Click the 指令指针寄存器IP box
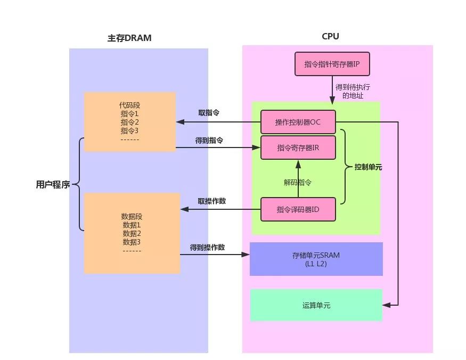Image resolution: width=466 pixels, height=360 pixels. (x=332, y=64)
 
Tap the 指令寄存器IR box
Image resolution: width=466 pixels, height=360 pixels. (x=298, y=148)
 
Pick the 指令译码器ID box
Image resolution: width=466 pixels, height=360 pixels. (x=298, y=209)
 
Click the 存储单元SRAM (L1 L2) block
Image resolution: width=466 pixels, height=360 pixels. (x=316, y=259)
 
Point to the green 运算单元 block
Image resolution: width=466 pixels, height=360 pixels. (x=316, y=305)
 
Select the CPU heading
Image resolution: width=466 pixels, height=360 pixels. (x=330, y=37)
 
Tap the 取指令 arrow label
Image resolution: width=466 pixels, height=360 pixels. (x=209, y=113)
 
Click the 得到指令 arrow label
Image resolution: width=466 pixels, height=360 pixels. (x=209, y=141)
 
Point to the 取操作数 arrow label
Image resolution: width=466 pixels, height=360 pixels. (x=211, y=201)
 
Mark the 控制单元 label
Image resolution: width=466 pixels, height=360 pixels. (x=369, y=167)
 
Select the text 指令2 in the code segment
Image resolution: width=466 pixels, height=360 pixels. (x=130, y=122)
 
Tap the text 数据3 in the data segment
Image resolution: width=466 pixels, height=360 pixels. (x=132, y=242)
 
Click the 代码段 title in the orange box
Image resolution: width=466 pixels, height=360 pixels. (x=130, y=105)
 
